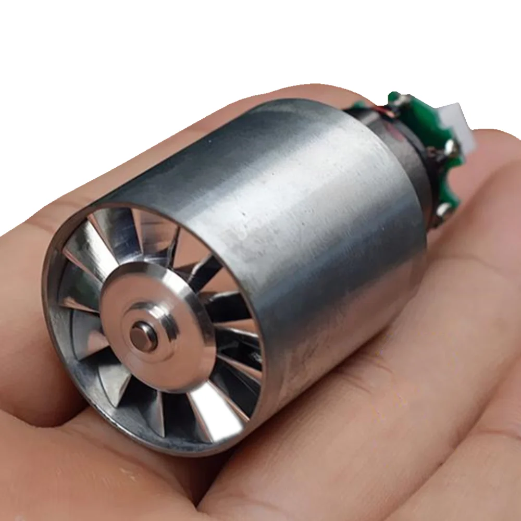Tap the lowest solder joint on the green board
coord(443,209)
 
